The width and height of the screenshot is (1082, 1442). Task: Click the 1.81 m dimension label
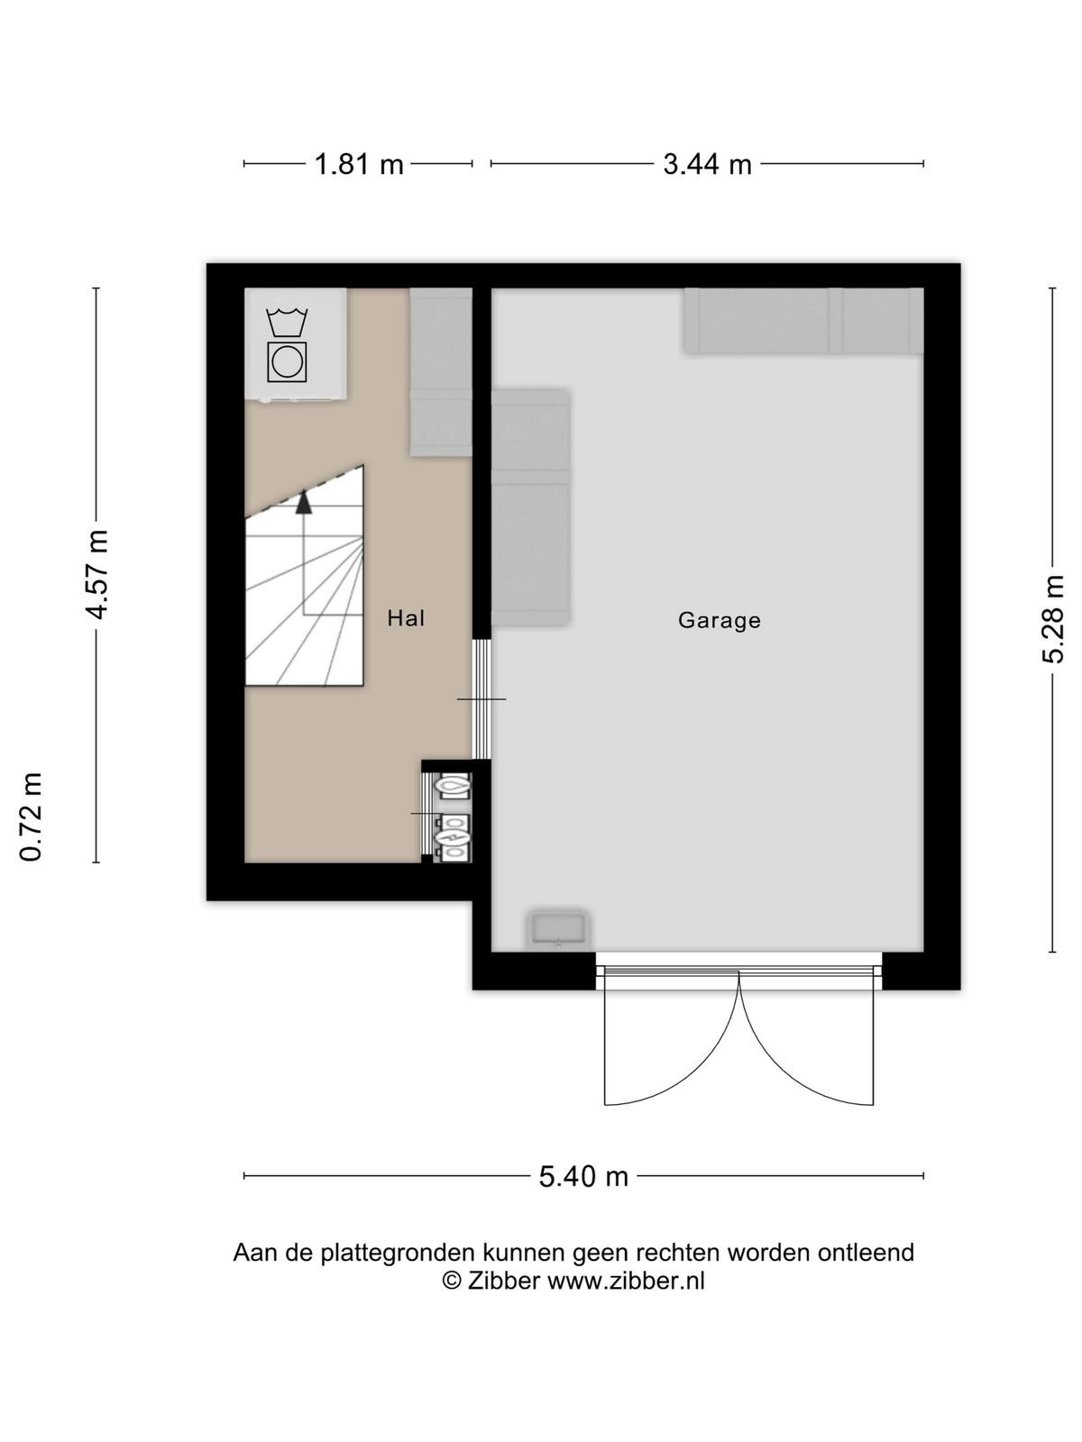pos(359,164)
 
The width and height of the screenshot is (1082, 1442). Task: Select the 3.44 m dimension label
pos(707,164)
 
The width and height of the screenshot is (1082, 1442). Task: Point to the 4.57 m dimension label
pos(96,574)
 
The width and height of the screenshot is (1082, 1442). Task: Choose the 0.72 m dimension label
pos(31,817)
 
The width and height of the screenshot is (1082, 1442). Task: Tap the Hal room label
pos(406,618)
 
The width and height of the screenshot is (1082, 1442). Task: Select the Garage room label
pos(720,620)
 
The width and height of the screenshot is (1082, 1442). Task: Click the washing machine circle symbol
pos(287,361)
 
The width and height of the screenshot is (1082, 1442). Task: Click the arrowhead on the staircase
pos(303,503)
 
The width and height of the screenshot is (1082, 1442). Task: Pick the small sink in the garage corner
pos(558,930)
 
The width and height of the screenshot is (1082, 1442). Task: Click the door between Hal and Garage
pos(483,699)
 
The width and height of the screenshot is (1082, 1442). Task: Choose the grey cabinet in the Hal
pos(442,372)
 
